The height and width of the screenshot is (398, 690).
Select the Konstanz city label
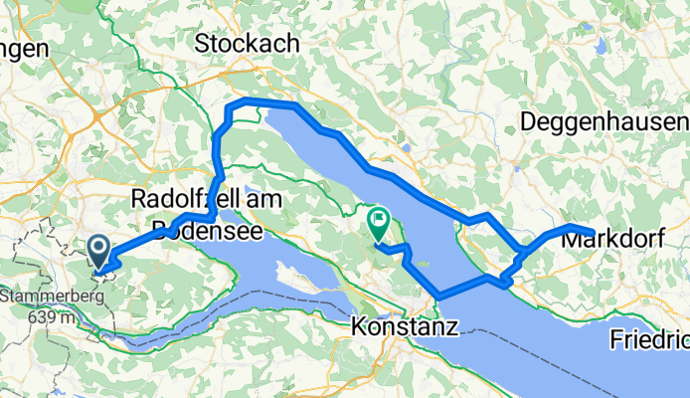point(405,325)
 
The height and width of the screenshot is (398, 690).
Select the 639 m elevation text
point(46,316)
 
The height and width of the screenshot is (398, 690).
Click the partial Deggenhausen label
point(603,122)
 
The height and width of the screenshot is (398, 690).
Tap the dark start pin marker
point(100,252)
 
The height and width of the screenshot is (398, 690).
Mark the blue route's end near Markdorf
point(594,235)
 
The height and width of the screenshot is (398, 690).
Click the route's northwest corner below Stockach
point(231,105)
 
